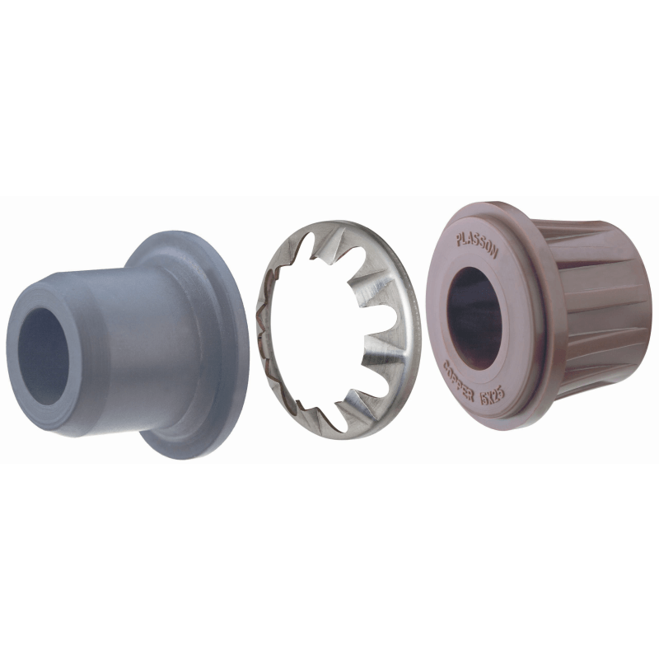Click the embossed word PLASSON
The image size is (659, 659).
click(x=477, y=245)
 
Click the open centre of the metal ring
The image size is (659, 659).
click(x=329, y=329)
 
